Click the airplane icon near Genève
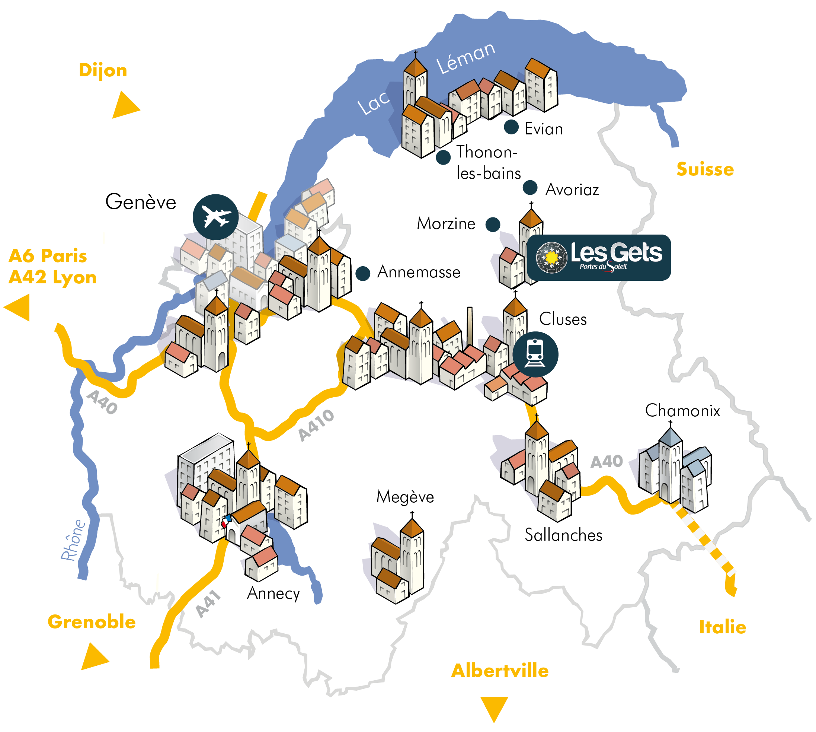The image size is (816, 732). (215, 217)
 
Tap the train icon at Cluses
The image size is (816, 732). (535, 354)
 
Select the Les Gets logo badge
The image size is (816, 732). (599, 257)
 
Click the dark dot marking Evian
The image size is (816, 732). (511, 127)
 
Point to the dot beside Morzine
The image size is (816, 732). (492, 225)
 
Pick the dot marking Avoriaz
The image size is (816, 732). (530, 187)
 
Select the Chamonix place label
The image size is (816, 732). (682, 411)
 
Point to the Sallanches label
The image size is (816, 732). (564, 535)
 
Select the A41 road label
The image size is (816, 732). (208, 604)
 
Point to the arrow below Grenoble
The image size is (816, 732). (95, 657)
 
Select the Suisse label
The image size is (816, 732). (705, 169)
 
